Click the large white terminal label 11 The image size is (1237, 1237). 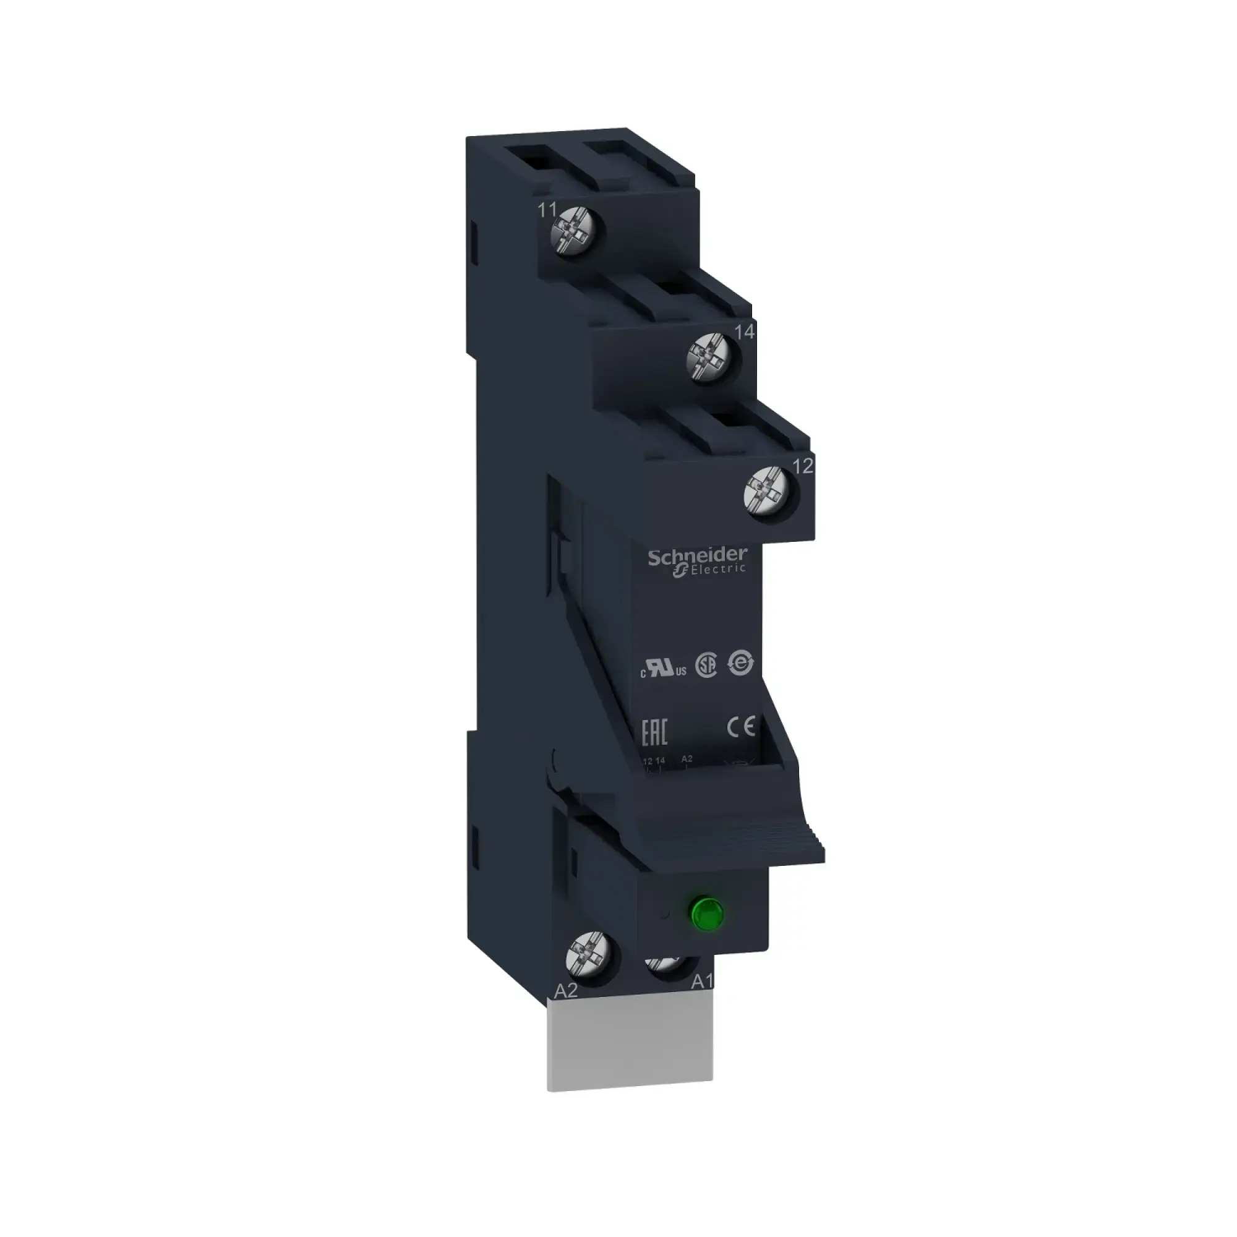pos(547,210)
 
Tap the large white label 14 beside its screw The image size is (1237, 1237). pos(745,332)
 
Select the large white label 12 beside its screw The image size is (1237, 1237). pos(803,467)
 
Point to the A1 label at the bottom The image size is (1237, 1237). pos(703,999)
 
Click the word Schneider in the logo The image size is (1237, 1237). pos(697,556)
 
